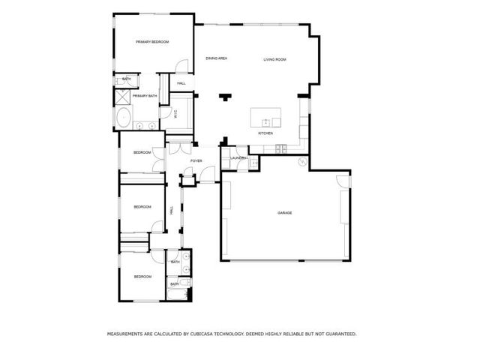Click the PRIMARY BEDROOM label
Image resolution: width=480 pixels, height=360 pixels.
pos(151,43)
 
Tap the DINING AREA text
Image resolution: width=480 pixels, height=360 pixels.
pos(217,58)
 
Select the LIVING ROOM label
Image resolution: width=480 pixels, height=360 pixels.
pos(274,59)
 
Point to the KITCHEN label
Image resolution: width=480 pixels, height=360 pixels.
pos(265,133)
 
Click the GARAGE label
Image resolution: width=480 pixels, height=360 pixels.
pos(284,213)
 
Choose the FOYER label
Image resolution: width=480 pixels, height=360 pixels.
pos(196,161)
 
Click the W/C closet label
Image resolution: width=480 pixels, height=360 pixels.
pos(175,115)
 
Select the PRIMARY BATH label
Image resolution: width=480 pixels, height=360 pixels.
pos(145,96)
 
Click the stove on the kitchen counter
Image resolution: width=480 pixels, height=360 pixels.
pos(280,148)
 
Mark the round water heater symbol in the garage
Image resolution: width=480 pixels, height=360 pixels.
pos(303,163)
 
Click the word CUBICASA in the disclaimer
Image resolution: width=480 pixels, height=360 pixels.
pos(211,334)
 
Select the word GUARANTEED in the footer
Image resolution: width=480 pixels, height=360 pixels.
pos(338,334)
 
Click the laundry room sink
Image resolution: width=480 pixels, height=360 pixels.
pos(253,163)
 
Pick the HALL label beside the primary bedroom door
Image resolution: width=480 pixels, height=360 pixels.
pos(181,83)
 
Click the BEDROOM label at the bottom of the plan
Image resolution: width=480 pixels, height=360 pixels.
pos(142,277)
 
